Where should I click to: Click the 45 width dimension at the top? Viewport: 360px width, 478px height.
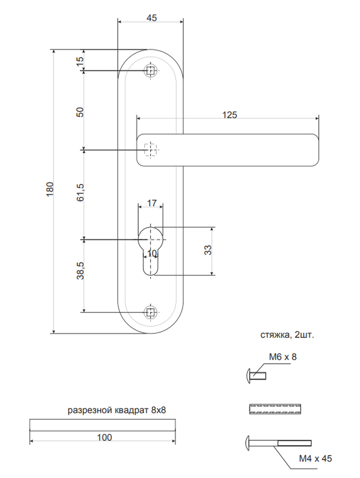point(152,18)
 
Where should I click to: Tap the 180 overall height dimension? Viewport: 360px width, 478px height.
point(50,189)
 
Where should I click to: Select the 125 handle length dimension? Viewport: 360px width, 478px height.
point(229,115)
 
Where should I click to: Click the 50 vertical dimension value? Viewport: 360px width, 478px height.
point(79,112)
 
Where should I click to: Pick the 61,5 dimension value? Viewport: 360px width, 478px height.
point(80,192)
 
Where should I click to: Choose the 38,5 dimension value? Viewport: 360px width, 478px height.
point(80,271)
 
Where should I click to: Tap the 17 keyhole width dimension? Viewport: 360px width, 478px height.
point(152,203)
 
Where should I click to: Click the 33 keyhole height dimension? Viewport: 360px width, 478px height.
point(207,250)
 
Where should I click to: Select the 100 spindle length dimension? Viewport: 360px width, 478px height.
point(104,437)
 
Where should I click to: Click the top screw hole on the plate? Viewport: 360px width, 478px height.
point(150,71)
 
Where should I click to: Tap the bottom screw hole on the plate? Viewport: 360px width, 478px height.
point(150,312)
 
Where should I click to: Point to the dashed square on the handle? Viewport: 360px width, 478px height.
point(150,150)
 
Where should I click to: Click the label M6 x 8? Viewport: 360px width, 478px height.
point(283,357)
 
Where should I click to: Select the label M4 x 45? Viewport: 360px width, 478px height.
point(315,458)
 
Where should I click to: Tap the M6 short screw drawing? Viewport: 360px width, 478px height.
point(256,376)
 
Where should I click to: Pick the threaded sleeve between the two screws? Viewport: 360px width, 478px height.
point(275,409)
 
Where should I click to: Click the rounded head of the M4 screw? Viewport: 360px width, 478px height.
point(247,443)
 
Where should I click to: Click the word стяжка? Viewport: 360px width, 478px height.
point(274,335)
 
